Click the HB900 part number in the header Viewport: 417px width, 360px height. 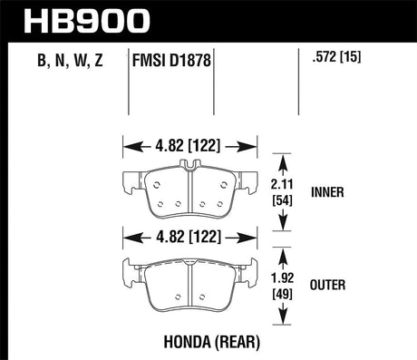[87, 21]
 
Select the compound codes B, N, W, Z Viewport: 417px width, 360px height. [70, 60]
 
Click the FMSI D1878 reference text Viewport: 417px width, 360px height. [171, 60]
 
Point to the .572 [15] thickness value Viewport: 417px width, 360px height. [337, 56]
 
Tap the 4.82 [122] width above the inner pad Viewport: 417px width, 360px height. [188, 146]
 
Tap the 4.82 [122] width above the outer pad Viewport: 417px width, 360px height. [189, 237]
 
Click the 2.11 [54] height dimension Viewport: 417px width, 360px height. [282, 192]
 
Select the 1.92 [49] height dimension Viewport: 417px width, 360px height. [282, 286]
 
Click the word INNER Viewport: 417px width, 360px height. [327, 192]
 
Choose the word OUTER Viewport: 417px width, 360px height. [327, 285]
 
